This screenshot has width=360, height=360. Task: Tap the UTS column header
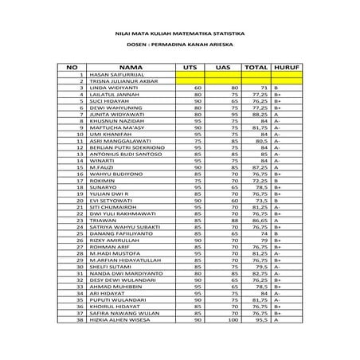pos(190,67)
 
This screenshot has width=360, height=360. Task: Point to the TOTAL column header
pos(255,67)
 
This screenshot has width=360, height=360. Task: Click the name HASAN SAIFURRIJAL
pos(115,75)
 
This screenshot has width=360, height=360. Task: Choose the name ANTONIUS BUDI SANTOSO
pos(124,154)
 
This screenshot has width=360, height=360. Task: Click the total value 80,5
pos(259,140)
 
